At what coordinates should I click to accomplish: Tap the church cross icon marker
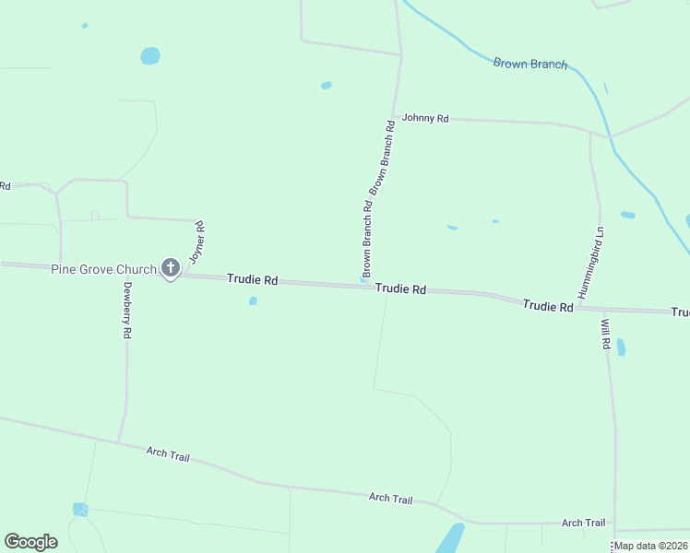(x=171, y=267)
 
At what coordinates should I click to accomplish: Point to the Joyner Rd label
(x=196, y=242)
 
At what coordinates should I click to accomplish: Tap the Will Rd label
(x=606, y=333)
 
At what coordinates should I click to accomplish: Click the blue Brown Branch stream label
(x=529, y=65)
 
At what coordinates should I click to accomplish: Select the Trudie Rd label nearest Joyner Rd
(x=253, y=278)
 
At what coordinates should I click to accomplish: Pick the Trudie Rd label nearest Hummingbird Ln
(x=548, y=304)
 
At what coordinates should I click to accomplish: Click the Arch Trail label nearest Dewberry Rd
(x=167, y=453)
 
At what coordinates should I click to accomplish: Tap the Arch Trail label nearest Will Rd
(x=583, y=523)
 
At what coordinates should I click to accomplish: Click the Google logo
(x=30, y=542)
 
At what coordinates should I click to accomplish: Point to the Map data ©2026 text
(x=650, y=546)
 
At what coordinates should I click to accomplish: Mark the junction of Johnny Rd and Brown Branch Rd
(x=394, y=117)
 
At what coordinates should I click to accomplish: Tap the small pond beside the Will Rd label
(x=621, y=347)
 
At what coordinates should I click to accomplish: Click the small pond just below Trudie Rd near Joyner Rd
(x=253, y=300)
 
